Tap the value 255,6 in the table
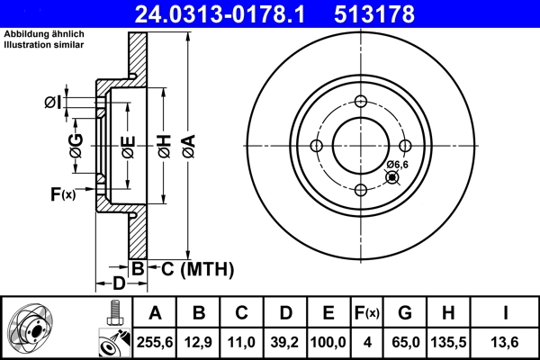156,340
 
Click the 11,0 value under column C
242,340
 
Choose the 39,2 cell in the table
285,340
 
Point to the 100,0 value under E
328,340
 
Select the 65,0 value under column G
405,340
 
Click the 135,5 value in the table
447,340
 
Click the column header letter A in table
156,314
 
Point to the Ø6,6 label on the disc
398,164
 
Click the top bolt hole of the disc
360,102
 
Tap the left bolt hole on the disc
317,146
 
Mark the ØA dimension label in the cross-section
187,144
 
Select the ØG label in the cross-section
76,144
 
